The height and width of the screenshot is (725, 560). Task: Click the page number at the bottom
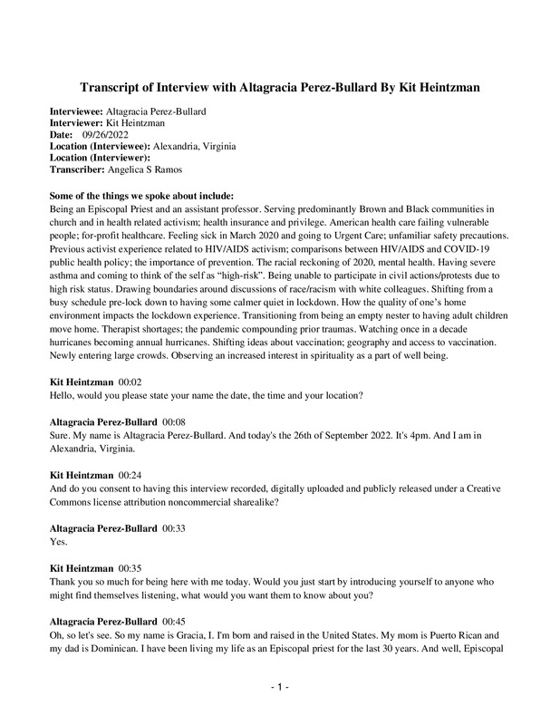click(280, 689)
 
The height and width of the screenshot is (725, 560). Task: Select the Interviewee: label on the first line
click(77, 111)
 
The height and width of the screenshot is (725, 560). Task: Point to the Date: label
click(62, 134)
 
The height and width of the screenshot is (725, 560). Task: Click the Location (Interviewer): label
click(100, 158)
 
